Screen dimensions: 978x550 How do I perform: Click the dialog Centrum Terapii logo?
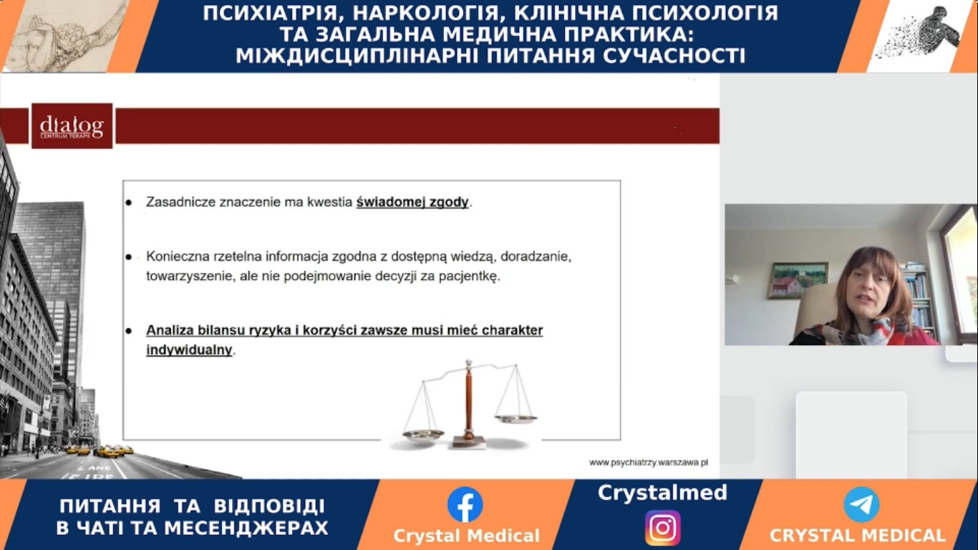pyautogui.click(x=72, y=126)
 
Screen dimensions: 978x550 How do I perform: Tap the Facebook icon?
pyautogui.click(x=465, y=505)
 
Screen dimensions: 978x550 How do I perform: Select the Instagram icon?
pyautogui.click(x=662, y=528)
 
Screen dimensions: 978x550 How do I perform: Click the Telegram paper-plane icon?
pyautogui.click(x=861, y=505)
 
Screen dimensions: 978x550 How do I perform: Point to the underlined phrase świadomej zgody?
pyautogui.click(x=412, y=202)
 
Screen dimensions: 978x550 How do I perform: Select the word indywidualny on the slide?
pyautogui.click(x=189, y=350)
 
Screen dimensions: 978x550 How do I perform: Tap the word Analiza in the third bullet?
pyautogui.click(x=170, y=330)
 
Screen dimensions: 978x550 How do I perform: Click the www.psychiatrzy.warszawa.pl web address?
pyautogui.click(x=649, y=463)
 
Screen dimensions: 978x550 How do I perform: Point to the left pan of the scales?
pyautogui.click(x=423, y=434)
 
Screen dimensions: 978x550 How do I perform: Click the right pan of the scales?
pyautogui.click(x=516, y=419)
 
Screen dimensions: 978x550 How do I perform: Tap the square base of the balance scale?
pyautogui.click(x=470, y=442)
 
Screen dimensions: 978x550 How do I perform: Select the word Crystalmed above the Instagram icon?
pyautogui.click(x=662, y=493)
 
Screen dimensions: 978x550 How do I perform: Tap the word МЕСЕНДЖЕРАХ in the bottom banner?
pyautogui.click(x=246, y=528)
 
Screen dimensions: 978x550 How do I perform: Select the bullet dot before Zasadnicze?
pyautogui.click(x=129, y=203)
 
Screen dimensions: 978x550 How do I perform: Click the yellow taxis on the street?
pyautogui.click(x=100, y=450)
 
